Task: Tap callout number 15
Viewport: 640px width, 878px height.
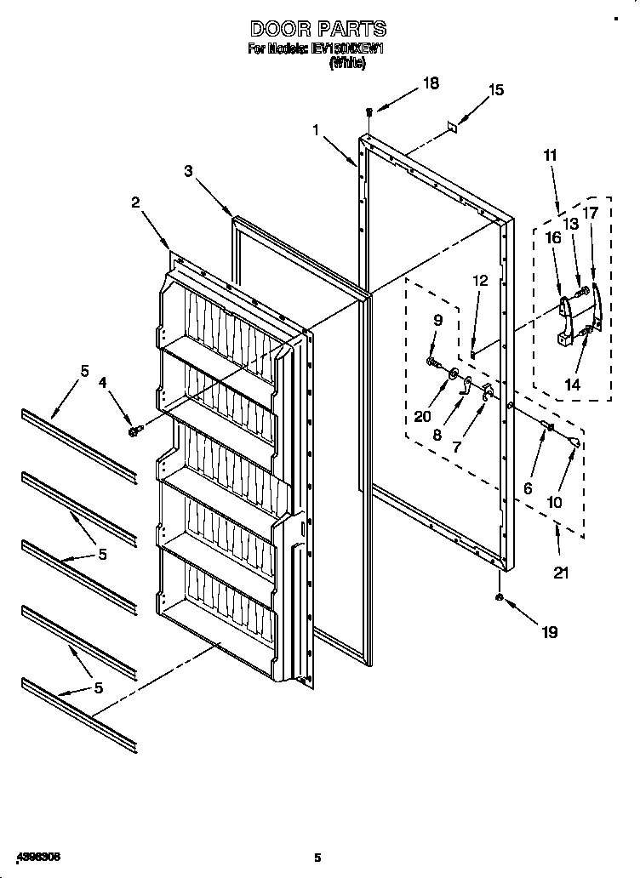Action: point(495,90)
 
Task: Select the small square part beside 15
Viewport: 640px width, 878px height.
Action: point(454,125)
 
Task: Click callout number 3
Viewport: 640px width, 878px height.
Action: point(188,171)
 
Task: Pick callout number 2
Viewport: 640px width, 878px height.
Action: point(135,202)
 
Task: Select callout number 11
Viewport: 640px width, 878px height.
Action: point(550,155)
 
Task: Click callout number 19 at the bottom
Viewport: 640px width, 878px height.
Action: point(549,631)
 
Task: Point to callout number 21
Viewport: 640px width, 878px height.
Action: point(560,572)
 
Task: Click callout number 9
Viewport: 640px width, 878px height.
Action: point(437,321)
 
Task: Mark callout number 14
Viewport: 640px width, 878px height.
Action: point(572,385)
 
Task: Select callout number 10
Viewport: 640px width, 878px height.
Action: point(554,502)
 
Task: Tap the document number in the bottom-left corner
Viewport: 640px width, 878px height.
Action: point(37,854)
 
